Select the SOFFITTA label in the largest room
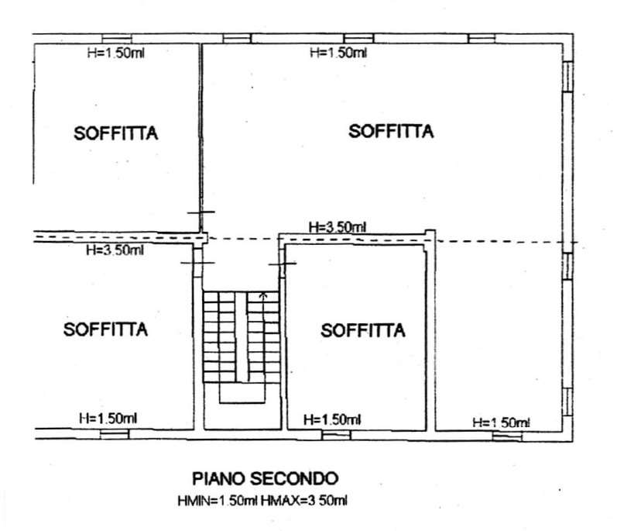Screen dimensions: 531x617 (x=390, y=131)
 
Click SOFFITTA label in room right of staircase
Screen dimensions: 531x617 (x=363, y=331)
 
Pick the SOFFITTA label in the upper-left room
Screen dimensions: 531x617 (x=116, y=133)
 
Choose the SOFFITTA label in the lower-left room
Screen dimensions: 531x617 (x=105, y=329)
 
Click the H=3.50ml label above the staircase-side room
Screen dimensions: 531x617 (x=337, y=227)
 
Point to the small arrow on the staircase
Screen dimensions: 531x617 (x=263, y=295)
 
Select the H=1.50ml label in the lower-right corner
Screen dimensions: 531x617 (x=501, y=422)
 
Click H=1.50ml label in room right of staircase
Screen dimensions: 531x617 (x=332, y=419)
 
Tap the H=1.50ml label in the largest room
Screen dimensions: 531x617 (x=338, y=53)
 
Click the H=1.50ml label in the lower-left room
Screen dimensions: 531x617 (x=108, y=418)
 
